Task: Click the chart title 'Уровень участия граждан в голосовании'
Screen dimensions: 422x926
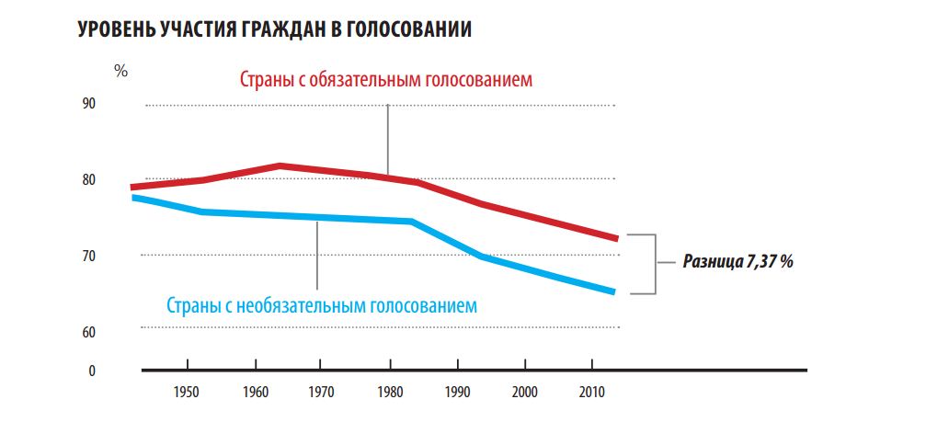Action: [x=275, y=29]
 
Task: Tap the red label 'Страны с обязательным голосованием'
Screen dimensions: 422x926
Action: [x=386, y=80]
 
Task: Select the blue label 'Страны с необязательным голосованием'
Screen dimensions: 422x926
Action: [x=322, y=304]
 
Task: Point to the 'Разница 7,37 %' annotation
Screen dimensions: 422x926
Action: [x=737, y=261]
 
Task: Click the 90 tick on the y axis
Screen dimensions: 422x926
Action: [x=115, y=104]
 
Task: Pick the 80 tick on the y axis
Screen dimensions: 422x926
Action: [x=115, y=180]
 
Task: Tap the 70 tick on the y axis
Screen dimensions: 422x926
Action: [x=115, y=257]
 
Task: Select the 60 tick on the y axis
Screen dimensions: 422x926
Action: [x=115, y=332]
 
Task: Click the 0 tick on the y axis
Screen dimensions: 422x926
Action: [x=118, y=371]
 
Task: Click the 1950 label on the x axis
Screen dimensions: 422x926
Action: [x=186, y=391]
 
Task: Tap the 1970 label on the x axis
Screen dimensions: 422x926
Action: [x=322, y=391]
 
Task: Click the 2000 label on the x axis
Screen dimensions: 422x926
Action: [x=525, y=391]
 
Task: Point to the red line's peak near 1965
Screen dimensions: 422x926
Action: [x=280, y=166]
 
